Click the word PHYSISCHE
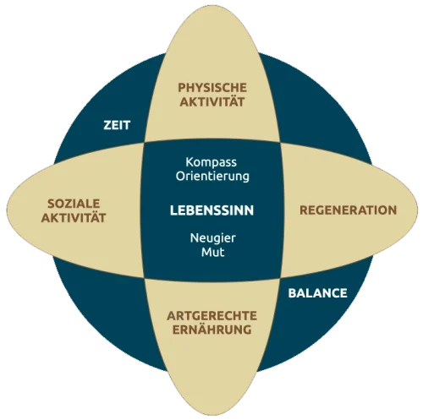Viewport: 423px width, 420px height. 212,88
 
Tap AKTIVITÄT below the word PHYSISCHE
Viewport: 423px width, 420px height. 212,101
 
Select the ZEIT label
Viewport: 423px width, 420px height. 117,125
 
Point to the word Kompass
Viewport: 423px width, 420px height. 211,162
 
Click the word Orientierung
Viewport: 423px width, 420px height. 212,177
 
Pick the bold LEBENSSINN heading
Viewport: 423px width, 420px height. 212,210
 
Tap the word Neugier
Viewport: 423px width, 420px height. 213,238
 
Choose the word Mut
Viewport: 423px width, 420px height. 213,252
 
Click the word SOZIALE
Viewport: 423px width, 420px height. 74,204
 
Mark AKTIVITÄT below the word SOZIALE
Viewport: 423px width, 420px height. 74,217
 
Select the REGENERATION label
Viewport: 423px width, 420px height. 349,210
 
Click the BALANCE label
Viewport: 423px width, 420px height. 318,293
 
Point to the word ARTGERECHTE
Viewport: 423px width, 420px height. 212,316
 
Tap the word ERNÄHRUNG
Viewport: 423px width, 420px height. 212,330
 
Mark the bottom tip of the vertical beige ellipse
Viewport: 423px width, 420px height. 212,415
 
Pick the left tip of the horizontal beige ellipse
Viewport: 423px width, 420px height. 7,210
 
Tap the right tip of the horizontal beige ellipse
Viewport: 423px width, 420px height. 418,210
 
